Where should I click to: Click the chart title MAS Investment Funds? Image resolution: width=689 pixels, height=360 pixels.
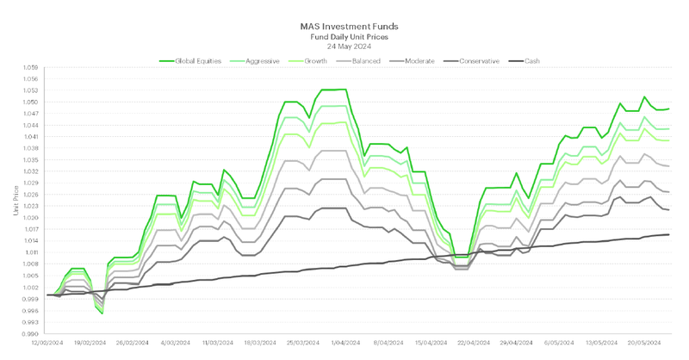pos(356,27)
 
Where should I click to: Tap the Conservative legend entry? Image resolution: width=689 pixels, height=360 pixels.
pos(487,61)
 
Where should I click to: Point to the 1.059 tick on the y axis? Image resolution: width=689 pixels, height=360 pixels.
pos(32,67)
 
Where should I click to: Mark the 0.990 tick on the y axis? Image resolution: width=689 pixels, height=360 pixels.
pos(32,333)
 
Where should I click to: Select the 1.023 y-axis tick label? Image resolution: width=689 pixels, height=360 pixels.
pos(32,206)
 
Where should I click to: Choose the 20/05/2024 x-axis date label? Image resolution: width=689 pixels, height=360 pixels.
pos(642,342)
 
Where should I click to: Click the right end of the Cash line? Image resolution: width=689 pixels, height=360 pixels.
pos(669,234)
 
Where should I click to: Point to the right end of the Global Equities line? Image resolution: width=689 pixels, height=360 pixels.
pos(669,109)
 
